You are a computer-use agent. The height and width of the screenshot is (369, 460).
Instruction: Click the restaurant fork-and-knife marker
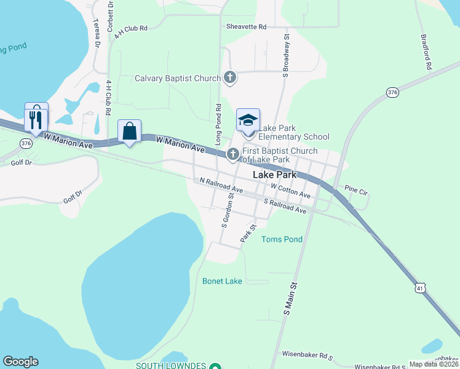click(x=36, y=117)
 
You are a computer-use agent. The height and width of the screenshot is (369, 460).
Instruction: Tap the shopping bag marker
click(x=129, y=132)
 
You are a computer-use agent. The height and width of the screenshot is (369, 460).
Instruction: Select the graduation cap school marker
click(x=248, y=120)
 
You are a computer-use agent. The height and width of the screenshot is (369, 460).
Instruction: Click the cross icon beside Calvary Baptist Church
click(x=230, y=77)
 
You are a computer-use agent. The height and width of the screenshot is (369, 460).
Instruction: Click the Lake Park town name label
click(x=275, y=175)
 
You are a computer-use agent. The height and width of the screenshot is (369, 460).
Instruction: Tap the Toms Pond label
click(x=282, y=239)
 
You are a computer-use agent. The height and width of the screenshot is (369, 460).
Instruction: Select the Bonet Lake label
click(x=222, y=281)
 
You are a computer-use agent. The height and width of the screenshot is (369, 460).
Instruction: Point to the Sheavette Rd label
click(x=246, y=27)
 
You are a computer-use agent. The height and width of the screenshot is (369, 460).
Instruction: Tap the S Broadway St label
click(x=286, y=56)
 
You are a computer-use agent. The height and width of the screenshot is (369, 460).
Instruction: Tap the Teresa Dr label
click(x=97, y=33)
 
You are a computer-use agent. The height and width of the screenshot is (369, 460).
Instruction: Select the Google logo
click(x=20, y=362)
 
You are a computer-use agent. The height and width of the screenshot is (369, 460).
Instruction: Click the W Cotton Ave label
click(x=290, y=191)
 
